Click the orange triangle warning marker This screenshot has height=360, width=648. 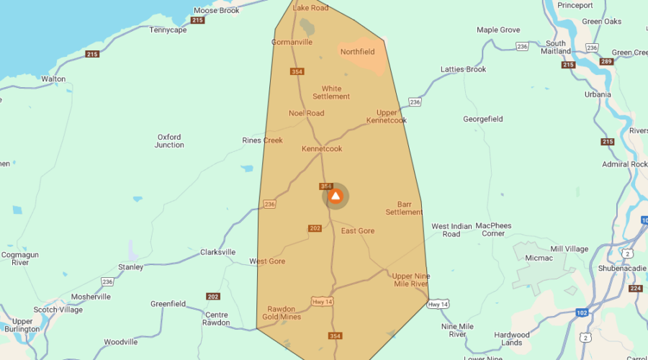[336, 196]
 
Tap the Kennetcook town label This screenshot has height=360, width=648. [322, 149]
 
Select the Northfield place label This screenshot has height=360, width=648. [358, 52]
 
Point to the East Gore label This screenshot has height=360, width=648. [358, 231]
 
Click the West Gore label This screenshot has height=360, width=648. [267, 261]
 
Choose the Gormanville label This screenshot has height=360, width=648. [292, 42]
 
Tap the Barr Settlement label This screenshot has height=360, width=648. [404, 208]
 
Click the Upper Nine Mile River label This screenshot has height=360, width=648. [410, 280]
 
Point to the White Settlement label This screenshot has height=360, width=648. [331, 93]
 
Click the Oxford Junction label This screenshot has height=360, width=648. [169, 141]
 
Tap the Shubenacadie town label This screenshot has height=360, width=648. [621, 269]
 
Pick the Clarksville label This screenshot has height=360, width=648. [217, 253]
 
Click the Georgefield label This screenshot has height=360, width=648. [482, 119]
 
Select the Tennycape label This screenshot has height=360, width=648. [168, 30]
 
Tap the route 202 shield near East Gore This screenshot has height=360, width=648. [315, 228]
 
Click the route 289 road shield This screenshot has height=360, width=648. [606, 61]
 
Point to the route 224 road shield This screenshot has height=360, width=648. [635, 289]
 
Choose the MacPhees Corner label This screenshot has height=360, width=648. [493, 230]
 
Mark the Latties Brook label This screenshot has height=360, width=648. [463, 70]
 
